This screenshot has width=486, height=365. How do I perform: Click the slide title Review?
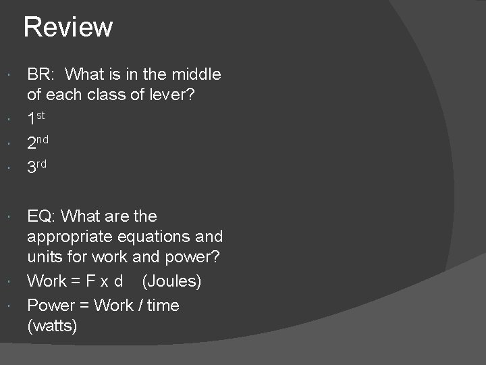[68, 28]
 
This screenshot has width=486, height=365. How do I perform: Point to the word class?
[96, 95]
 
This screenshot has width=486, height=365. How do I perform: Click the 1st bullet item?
[36, 120]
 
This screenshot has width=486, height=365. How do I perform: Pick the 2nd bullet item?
[37, 143]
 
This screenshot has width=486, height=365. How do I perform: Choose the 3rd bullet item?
[37, 166]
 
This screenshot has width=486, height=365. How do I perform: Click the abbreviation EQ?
[43, 217]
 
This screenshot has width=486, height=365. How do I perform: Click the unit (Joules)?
[171, 281]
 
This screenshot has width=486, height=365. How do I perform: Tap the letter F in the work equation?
[92, 281]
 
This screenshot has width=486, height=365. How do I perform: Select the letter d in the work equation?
[119, 281]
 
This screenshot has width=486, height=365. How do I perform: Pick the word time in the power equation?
[163, 306]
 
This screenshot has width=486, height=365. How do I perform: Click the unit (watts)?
[53, 326]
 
